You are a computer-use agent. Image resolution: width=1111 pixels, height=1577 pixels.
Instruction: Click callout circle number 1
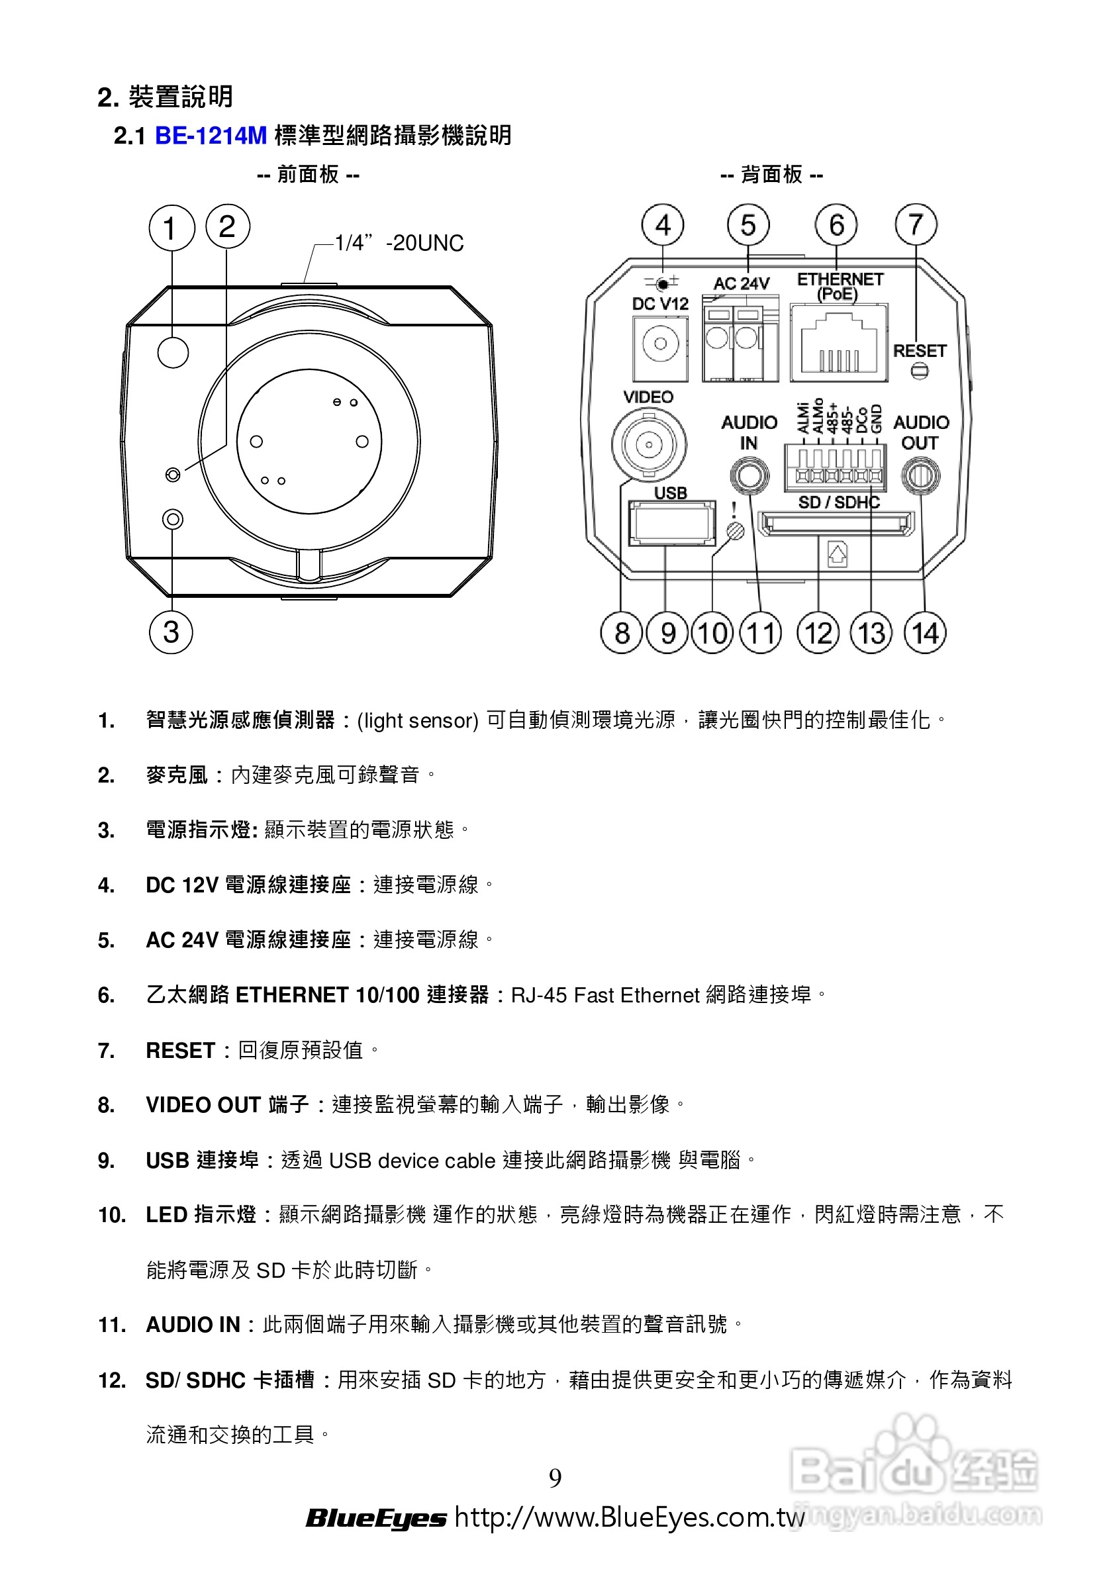tap(171, 228)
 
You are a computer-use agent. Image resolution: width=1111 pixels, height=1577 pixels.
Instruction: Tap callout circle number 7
tap(916, 224)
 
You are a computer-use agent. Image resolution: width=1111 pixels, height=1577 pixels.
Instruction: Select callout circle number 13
tap(871, 632)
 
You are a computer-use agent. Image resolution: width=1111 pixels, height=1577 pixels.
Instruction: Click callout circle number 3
tap(171, 632)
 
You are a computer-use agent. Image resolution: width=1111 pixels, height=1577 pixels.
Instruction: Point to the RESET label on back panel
tap(919, 351)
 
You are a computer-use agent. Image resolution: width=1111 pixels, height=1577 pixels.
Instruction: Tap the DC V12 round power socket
tap(660, 344)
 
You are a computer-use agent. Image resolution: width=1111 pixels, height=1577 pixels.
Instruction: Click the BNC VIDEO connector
tap(649, 444)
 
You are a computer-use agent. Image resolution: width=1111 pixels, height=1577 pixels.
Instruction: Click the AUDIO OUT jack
tap(920, 475)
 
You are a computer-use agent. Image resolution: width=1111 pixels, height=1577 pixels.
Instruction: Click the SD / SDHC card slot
tap(836, 524)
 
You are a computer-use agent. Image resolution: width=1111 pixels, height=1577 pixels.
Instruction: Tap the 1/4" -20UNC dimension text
tap(399, 243)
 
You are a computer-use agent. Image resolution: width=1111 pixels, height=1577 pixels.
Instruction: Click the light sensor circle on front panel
tap(172, 352)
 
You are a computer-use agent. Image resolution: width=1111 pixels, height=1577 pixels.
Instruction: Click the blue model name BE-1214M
tap(211, 135)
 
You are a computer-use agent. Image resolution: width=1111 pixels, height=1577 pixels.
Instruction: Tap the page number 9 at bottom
tap(555, 1477)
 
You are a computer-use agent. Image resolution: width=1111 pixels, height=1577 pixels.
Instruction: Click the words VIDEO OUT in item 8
tap(203, 1104)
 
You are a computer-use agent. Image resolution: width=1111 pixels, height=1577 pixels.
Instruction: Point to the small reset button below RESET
tap(919, 371)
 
